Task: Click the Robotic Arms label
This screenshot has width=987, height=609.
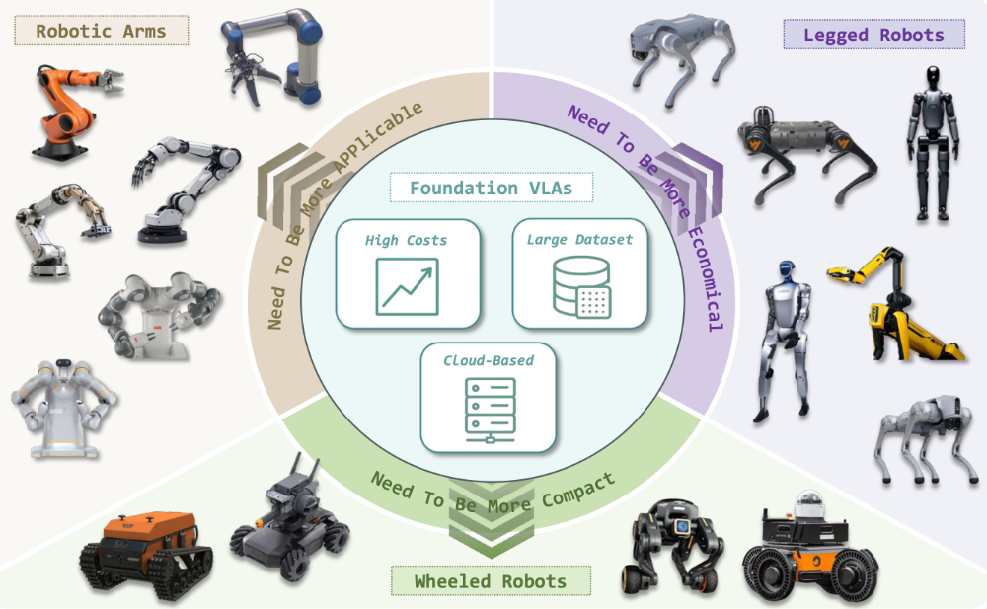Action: (x=102, y=31)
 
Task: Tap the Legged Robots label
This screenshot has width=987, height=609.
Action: (x=873, y=35)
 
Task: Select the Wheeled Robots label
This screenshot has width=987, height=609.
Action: (x=491, y=580)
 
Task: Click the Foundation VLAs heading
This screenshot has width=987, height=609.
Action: (x=491, y=188)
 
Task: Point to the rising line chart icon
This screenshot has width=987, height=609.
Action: (x=408, y=286)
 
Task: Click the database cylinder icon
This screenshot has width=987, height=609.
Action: (x=581, y=286)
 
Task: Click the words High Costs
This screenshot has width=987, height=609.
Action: (x=406, y=240)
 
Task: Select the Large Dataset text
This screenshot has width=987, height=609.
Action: (x=579, y=239)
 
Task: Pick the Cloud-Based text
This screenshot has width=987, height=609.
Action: (x=489, y=360)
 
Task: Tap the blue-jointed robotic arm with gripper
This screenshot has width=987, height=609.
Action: (x=272, y=56)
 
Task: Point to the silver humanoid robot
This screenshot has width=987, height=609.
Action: (x=785, y=342)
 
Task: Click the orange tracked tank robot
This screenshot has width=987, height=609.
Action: (x=146, y=553)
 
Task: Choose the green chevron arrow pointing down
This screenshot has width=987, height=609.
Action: (x=491, y=519)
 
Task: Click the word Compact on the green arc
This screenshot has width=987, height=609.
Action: (x=577, y=490)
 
